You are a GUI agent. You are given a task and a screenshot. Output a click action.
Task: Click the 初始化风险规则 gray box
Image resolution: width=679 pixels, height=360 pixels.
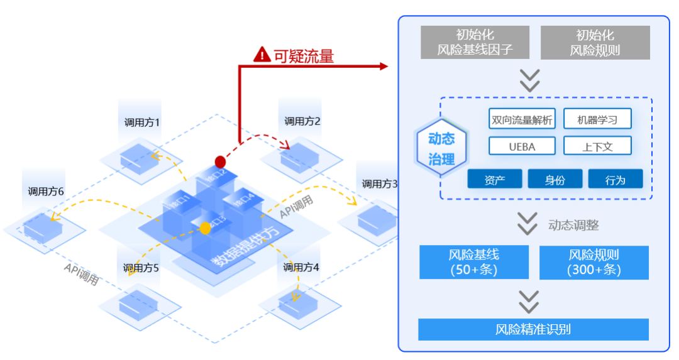595,43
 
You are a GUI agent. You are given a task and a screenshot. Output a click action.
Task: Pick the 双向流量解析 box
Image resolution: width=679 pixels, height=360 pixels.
522,119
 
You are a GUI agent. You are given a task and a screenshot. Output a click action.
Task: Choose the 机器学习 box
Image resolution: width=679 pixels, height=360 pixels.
597,119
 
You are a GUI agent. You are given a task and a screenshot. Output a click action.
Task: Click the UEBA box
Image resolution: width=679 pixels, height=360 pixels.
522,146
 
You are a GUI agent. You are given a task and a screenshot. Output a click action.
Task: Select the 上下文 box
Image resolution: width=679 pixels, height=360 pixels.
597,146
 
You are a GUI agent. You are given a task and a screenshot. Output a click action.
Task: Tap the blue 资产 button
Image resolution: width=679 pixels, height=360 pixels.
495,180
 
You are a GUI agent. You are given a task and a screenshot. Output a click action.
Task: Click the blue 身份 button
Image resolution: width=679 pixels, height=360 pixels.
555,180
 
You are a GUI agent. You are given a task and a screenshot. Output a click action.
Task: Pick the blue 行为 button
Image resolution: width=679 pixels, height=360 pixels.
615,180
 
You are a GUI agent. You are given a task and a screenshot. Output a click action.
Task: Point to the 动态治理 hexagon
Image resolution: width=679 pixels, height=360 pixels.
441,149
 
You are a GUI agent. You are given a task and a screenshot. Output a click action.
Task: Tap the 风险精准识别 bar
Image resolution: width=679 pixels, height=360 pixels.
533,329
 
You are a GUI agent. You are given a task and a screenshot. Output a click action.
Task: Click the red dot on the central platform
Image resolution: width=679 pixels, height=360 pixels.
220,162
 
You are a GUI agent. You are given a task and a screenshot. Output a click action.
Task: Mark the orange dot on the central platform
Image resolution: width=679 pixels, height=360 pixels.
205,228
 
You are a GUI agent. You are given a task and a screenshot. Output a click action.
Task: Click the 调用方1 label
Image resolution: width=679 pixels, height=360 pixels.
141,122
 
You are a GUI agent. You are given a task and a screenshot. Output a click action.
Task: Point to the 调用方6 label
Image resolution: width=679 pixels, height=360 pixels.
46,191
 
